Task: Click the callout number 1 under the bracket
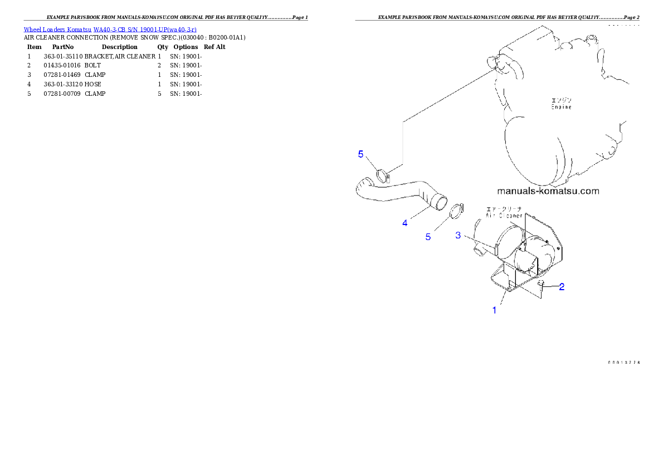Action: pos(494,311)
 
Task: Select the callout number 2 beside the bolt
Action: pos(562,287)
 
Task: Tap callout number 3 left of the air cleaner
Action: pos(458,236)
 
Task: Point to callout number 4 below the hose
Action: pos(405,223)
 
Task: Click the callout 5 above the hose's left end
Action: pos(360,154)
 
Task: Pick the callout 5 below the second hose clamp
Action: pos(428,237)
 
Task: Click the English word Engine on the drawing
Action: pos(561,106)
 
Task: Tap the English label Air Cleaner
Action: pos(504,215)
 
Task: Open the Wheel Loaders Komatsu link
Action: pos(58,29)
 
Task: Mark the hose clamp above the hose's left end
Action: pos(382,175)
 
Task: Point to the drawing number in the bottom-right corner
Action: pos(623,363)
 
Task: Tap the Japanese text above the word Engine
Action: pos(561,100)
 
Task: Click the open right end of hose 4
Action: pos(440,202)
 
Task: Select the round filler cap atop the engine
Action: pos(593,40)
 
